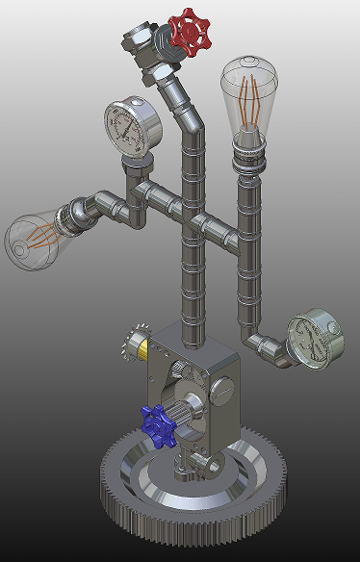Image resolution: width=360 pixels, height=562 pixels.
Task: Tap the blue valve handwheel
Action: pyautogui.click(x=156, y=424)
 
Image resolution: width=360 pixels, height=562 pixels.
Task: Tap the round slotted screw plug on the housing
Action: pyautogui.click(x=222, y=391)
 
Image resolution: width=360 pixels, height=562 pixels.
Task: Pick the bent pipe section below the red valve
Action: pyautogui.click(x=183, y=106)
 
